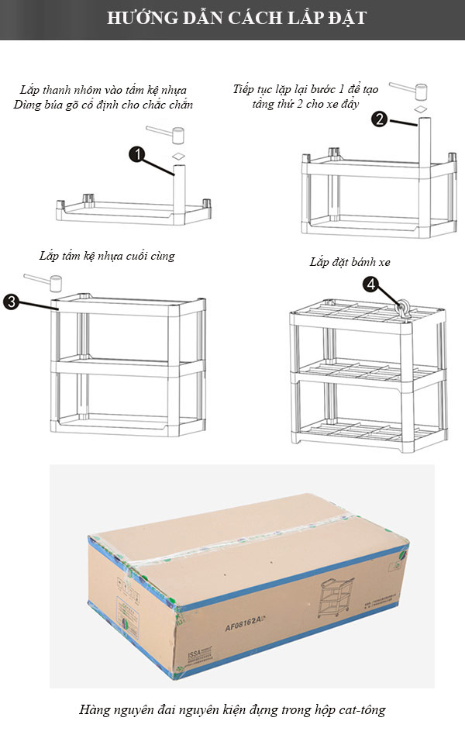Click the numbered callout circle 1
(136, 155)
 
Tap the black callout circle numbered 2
(379, 119)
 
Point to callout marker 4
(373, 285)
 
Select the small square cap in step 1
(178, 157)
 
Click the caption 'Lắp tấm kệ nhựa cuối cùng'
(107, 256)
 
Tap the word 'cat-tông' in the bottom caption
(361, 709)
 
